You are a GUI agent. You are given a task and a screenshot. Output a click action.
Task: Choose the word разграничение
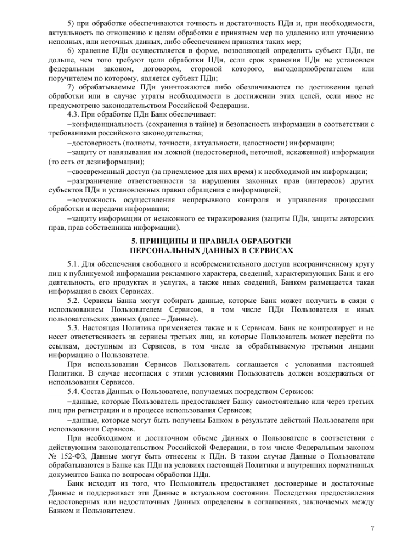click(98, 181)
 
